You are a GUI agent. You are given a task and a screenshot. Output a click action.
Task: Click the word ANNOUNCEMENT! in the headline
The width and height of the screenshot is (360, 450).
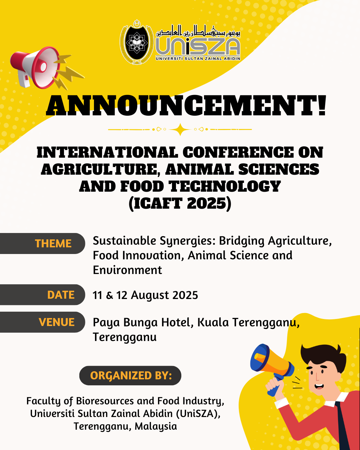(186, 105)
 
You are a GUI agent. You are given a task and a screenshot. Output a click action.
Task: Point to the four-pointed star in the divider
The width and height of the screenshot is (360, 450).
(180, 129)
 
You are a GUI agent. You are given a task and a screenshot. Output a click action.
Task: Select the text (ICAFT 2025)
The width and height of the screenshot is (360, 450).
(180, 204)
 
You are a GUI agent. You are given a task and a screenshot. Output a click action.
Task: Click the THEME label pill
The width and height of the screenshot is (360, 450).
(42, 243)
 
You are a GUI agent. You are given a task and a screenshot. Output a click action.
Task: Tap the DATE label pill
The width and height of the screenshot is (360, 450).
(42, 295)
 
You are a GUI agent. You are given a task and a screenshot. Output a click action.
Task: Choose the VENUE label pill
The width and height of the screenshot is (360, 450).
(42, 322)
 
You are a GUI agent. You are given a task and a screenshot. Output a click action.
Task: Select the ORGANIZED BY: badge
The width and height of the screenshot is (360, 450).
(130, 376)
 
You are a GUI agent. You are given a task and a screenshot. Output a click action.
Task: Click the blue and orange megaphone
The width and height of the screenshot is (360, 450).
(272, 365)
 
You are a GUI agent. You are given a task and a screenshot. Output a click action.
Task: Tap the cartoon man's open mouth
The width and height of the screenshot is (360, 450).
(319, 386)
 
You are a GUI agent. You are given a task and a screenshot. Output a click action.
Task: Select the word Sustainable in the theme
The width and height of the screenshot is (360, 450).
(124, 241)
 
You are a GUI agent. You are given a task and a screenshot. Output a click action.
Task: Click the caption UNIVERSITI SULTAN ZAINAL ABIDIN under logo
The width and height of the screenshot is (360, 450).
(198, 59)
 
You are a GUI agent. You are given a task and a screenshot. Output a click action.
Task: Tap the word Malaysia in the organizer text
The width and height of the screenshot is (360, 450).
(156, 427)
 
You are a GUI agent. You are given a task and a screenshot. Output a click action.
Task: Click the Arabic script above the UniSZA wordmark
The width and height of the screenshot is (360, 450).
(198, 31)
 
